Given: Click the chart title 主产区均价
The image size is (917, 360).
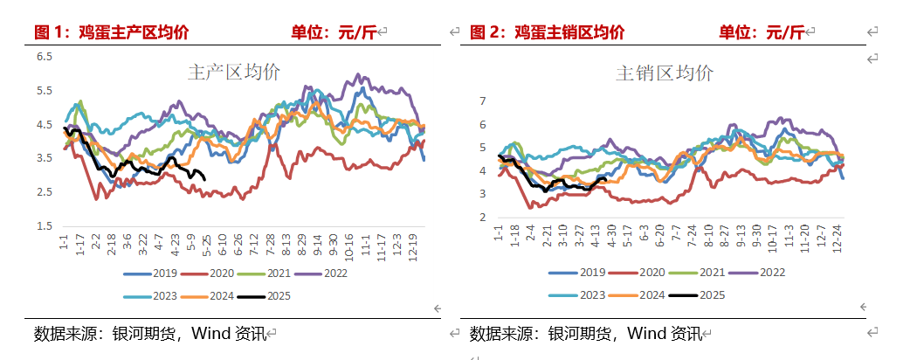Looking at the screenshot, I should pos(234,73).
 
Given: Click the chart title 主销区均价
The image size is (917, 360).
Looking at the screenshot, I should pos(664,73).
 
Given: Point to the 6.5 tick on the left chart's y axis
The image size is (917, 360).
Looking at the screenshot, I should pos(44,57).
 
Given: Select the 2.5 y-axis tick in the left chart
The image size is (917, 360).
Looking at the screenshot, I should pos(44,192).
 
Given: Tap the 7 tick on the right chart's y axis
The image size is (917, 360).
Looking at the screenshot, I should pos(482,100).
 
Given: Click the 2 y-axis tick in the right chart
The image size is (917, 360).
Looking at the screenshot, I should pos(482,217).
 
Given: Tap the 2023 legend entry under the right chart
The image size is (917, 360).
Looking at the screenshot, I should pos(581,294).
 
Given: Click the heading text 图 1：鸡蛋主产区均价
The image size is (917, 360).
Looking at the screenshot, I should pos(112,33).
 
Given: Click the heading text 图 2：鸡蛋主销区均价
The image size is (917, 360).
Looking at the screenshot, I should pos(548,33).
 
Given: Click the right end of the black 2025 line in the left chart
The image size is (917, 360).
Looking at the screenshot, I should pos(204,179).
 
